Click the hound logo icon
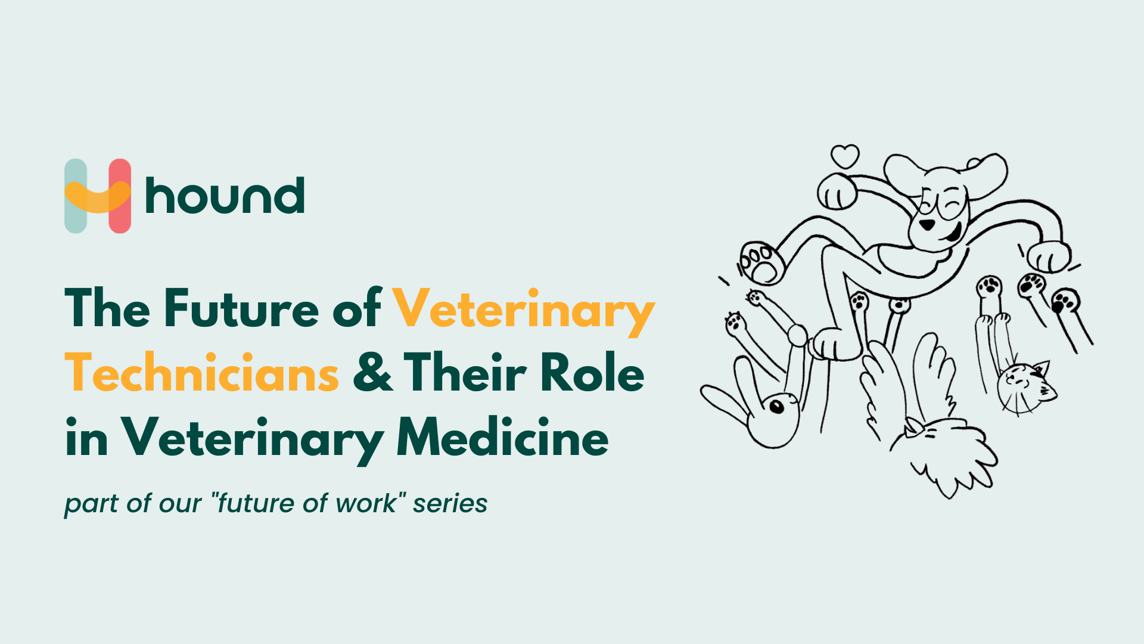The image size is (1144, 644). point(98,196)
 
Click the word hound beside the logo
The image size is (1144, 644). point(225,196)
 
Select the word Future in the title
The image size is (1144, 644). point(241,308)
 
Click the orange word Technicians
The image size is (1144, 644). point(202,373)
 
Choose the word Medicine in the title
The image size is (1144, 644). point(502,438)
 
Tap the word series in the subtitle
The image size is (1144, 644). point(450,503)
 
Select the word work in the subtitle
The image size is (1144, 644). point(365,503)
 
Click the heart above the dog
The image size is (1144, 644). point(845,156)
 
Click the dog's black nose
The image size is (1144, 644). point(927,224)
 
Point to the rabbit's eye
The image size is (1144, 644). point(776,407)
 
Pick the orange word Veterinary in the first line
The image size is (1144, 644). point(523,308)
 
